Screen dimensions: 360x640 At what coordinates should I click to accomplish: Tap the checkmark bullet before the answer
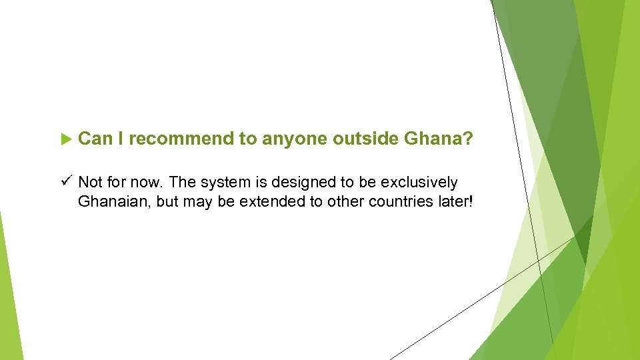pyautogui.click(x=65, y=181)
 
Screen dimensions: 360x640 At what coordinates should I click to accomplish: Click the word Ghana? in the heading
pyautogui.click(x=439, y=139)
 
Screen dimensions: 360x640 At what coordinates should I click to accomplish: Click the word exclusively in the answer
pyautogui.click(x=419, y=183)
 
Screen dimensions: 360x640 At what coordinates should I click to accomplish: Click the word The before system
pyautogui.click(x=184, y=183)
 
